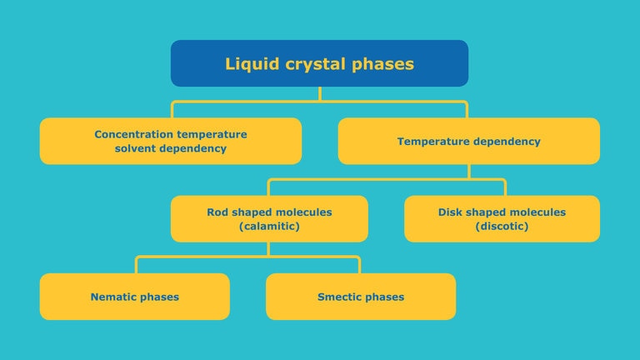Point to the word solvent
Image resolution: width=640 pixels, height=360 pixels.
coord(136,148)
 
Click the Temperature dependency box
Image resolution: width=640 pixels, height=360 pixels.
coord(468,141)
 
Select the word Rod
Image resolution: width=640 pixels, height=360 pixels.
coord(218,212)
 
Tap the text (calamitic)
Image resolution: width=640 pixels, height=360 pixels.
coord(269,226)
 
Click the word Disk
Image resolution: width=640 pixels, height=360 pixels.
coord(452,212)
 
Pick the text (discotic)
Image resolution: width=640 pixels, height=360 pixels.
coord(502,226)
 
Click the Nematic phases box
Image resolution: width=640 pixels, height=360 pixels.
coord(134,297)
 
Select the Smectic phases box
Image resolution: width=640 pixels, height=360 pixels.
coord(361,297)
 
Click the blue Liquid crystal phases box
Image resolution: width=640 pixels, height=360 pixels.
coord(319,63)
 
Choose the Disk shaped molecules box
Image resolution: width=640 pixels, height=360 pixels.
coord(502,218)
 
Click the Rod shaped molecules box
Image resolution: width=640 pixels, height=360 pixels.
coord(269,218)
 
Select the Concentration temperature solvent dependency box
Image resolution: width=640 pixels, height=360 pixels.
coord(171,141)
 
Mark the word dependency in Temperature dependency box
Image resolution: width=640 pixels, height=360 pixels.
coord(507,142)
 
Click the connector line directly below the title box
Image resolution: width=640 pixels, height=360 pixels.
coord(319,94)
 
